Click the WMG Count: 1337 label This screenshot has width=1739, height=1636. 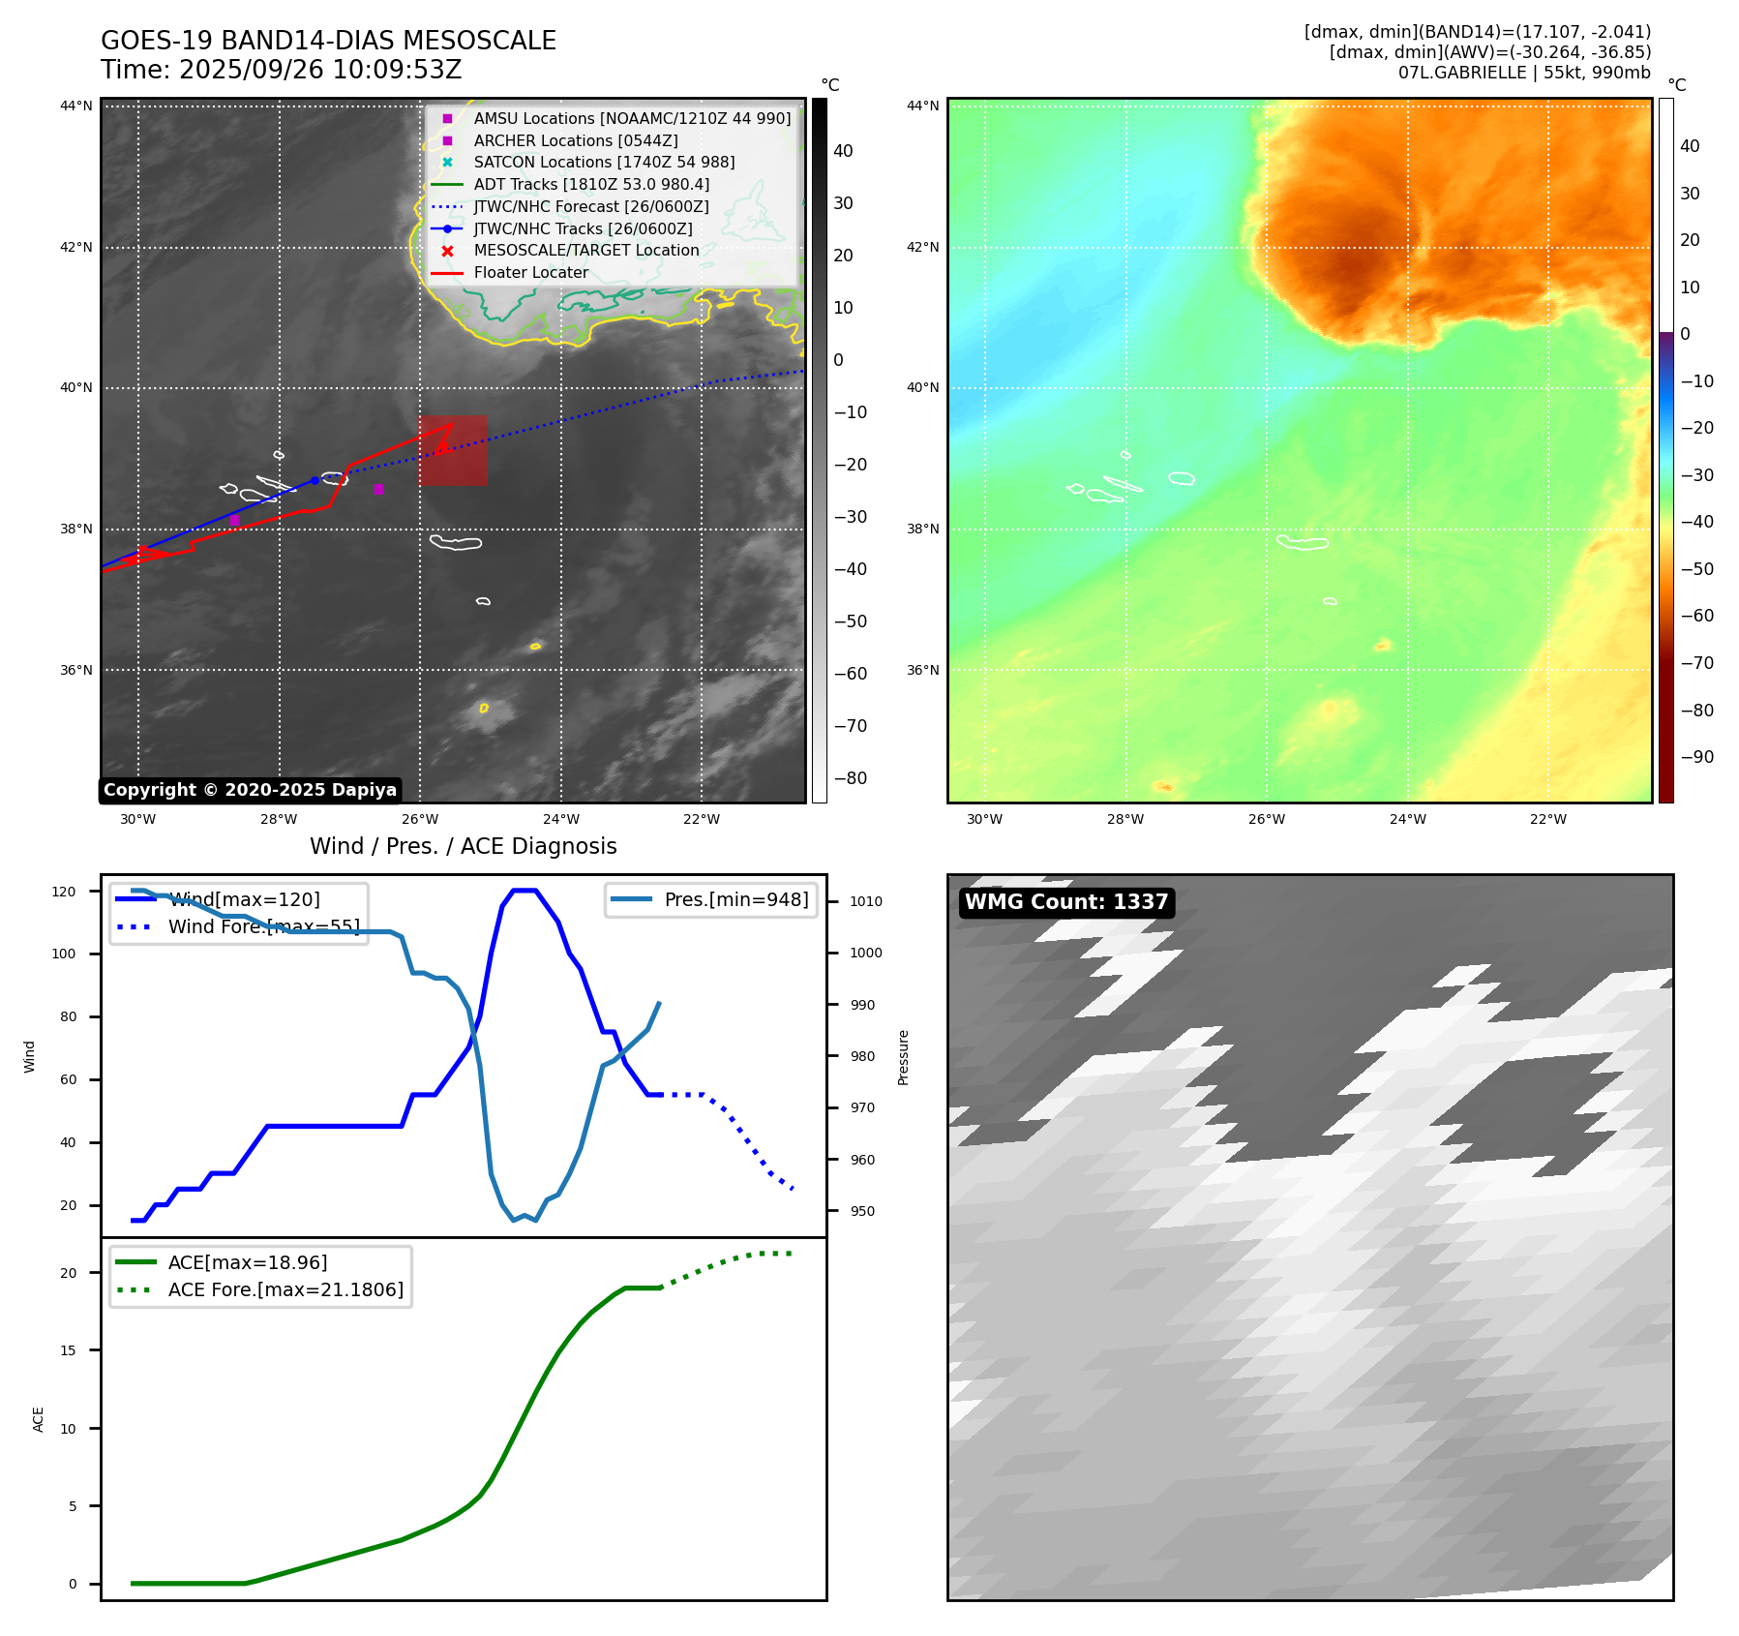[1066, 902]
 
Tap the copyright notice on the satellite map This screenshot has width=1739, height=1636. [250, 790]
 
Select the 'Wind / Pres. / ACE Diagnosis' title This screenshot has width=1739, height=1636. [463, 846]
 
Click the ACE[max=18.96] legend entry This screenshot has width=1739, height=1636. [248, 1262]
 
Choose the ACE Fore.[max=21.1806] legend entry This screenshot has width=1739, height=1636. [285, 1289]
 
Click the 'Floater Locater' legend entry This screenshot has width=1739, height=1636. [530, 273]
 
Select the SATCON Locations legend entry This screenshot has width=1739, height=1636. [604, 163]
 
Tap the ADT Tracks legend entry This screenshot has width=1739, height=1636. [591, 184]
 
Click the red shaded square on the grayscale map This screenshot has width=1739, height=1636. [453, 451]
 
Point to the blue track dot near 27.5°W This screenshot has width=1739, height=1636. [315, 480]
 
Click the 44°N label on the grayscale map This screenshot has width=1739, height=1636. [76, 106]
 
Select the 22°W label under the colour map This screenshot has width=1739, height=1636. [1547, 819]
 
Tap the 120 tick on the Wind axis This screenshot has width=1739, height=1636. [64, 892]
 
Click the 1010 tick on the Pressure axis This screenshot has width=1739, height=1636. [866, 901]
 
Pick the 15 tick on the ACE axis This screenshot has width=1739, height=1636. [68, 1350]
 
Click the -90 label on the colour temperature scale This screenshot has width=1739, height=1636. [1696, 757]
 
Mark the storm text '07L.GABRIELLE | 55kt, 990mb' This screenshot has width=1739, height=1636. [1524, 73]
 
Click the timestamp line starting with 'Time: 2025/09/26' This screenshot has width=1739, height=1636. [282, 71]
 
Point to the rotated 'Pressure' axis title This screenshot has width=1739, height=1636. [903, 1057]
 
